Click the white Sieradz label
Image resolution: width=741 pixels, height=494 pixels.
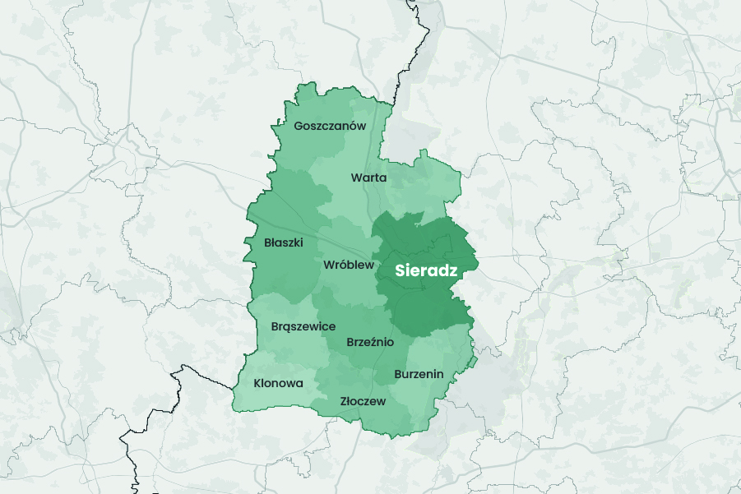425,270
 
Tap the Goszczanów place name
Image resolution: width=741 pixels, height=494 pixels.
329,127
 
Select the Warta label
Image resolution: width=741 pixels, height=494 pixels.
368,178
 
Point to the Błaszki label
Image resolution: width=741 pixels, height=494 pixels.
284,242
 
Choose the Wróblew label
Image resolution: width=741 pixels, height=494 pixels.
349,265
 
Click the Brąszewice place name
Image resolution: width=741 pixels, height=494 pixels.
303,326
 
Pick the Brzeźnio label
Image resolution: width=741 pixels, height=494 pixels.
371,342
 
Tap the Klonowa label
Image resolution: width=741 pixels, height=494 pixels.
278,383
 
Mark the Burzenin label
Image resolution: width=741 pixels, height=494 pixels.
419,375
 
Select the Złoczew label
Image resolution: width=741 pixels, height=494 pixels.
363,402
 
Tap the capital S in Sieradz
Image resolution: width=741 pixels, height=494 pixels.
401,270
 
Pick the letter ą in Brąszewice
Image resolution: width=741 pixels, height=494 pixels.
289,327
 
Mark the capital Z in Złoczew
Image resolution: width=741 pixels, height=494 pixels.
344,402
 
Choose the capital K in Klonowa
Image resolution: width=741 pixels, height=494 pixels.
257,383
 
